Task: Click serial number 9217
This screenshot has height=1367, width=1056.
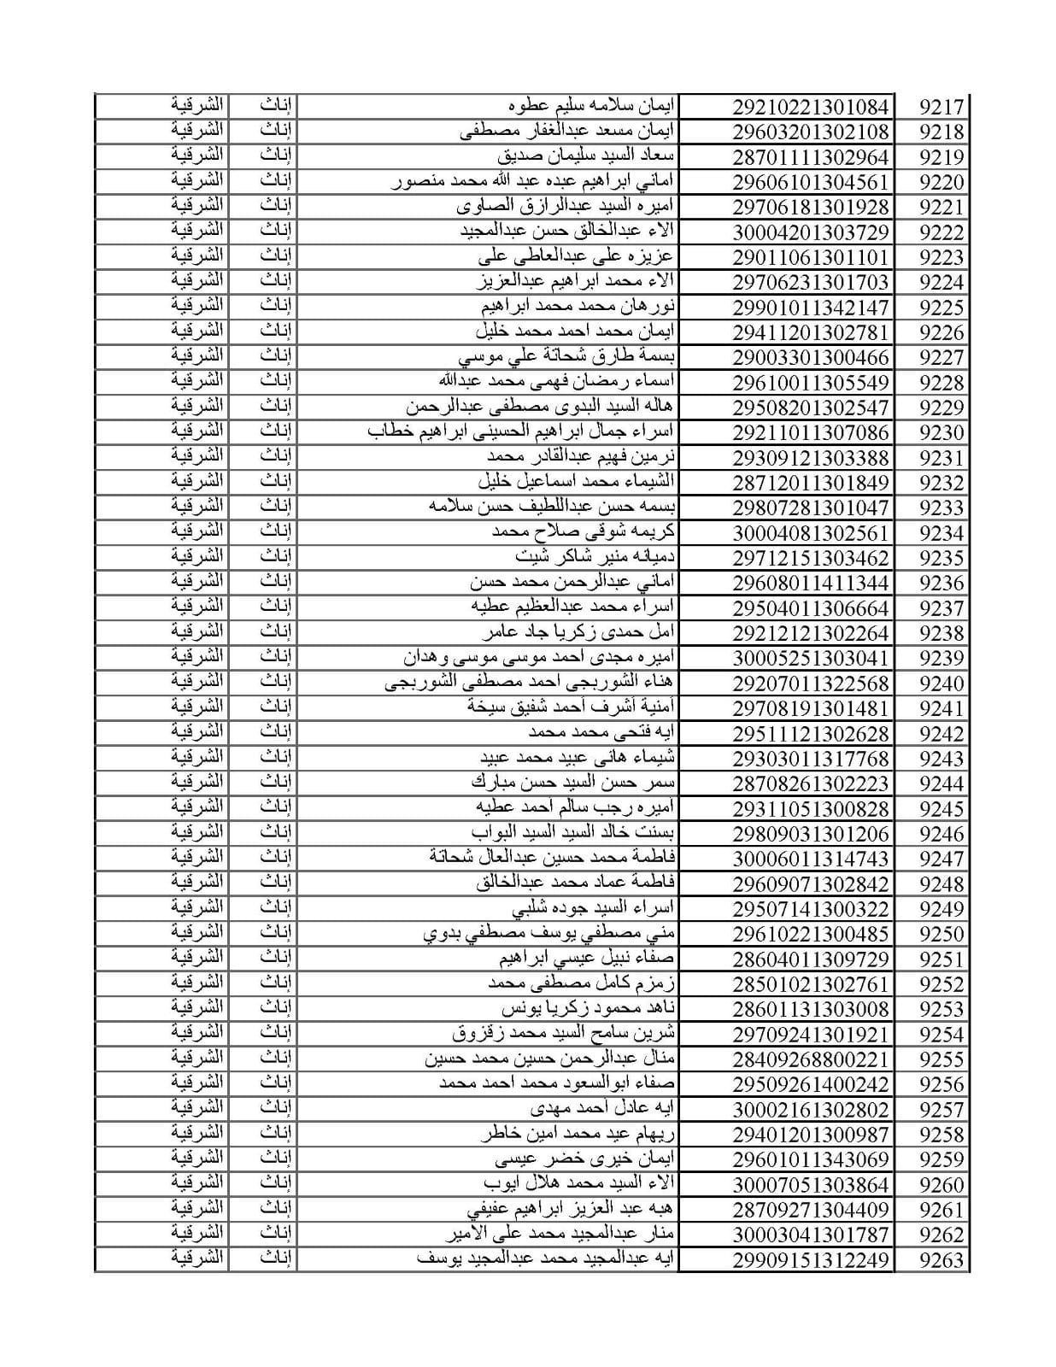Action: pos(941,108)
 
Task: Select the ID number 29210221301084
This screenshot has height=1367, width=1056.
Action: pos(810,108)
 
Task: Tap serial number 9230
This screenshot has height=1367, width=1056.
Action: pos(941,433)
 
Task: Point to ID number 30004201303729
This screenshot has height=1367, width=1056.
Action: pos(810,232)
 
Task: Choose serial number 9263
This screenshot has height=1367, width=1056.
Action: pos(941,1260)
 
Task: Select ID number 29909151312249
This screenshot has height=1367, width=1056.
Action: pos(810,1260)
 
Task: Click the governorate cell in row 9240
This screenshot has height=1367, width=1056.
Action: pos(197,683)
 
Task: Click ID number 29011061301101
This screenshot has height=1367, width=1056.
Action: pos(810,257)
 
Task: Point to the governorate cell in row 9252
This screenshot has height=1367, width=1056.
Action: pos(197,983)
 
